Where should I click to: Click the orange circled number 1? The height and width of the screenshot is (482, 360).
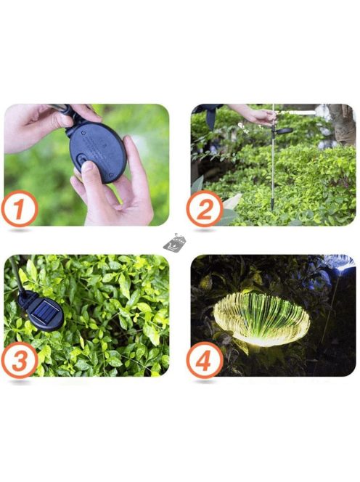pyautogui.click(x=20, y=209)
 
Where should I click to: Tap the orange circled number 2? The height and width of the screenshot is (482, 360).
pyautogui.click(x=205, y=209)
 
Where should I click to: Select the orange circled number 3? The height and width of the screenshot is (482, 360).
pyautogui.click(x=20, y=360)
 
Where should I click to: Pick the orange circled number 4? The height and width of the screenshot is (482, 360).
pyautogui.click(x=205, y=360)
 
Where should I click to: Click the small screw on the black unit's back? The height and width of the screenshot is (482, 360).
pyautogui.click(x=83, y=133)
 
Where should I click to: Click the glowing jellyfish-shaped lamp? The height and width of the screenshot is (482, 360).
pyautogui.click(x=261, y=319)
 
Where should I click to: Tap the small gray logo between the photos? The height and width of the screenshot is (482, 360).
pyautogui.click(x=174, y=242)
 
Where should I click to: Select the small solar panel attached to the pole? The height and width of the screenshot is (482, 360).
pyautogui.click(x=284, y=131)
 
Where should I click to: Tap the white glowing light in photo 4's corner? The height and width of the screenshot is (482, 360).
pyautogui.click(x=341, y=264)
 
